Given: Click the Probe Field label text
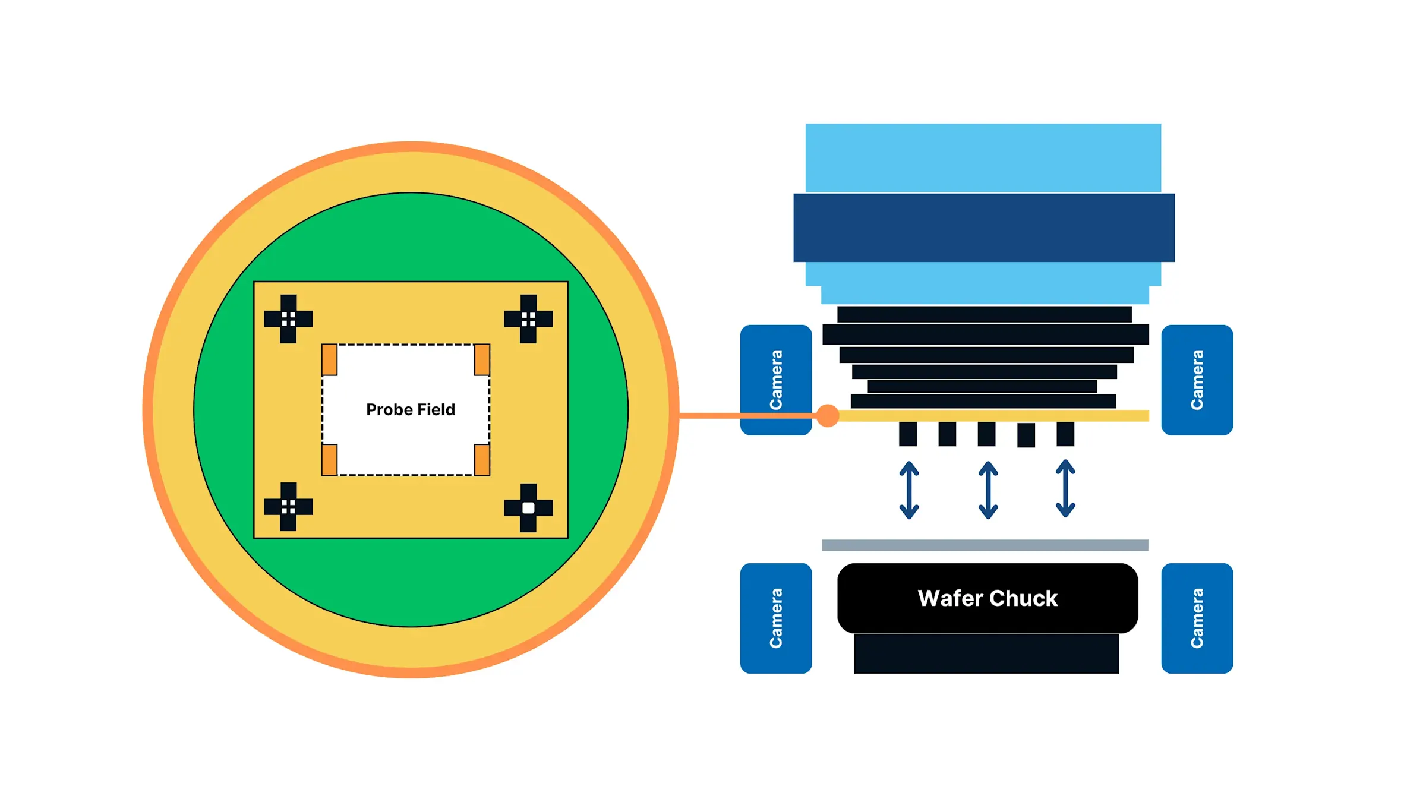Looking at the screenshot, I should pos(411,410).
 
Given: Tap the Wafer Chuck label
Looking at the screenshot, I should pos(988,598).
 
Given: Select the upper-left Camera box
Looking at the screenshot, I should pos(775,380).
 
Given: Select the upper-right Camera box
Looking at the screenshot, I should pos(1197,380).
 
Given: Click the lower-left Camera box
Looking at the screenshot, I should pos(775,618).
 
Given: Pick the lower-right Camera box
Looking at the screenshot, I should pos(1197,618).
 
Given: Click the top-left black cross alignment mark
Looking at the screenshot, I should pos(288,319).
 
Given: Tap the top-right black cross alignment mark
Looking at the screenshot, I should pos(528,319).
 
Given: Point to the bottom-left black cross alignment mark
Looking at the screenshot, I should pos(288,507).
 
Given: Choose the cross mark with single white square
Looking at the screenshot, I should pos(528,508).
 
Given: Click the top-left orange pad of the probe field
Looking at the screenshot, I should pos(330,360).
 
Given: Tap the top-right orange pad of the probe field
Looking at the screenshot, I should pos(482,360).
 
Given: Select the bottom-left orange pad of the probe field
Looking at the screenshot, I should pos(330,460).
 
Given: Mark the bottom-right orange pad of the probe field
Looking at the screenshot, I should pos(482,460).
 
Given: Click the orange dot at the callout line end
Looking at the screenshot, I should pos(828,416).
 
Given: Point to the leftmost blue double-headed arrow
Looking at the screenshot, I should pos(909,490).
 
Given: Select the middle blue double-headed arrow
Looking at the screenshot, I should pos(988,490).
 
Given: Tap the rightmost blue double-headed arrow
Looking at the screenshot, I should pos(1065,489).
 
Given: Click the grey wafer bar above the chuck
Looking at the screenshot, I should pos(985,545).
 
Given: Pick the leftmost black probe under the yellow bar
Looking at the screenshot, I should pos(908,434).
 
